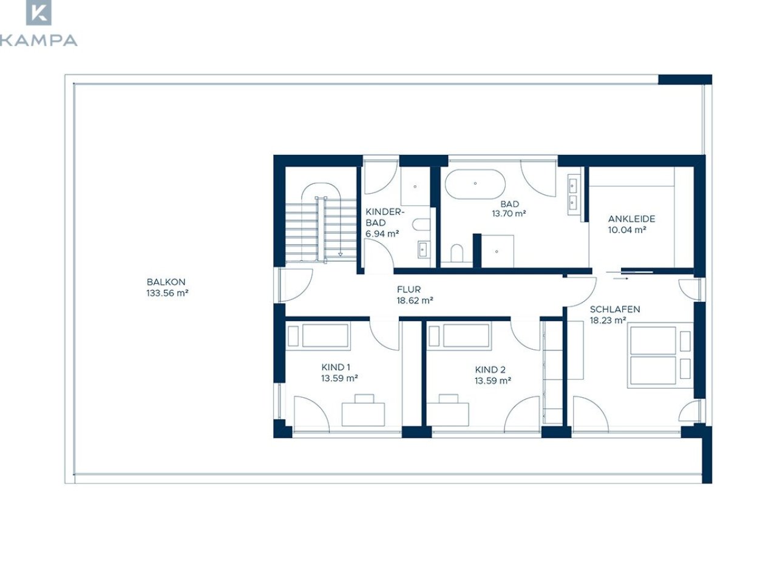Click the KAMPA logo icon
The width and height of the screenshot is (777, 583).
point(39,12)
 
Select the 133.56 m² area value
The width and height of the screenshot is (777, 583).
point(167,293)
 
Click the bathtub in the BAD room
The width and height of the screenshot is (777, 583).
point(475,184)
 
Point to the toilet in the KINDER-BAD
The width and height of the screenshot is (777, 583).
point(421,225)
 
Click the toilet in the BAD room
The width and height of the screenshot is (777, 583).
point(457,253)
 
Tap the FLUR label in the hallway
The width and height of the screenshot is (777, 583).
point(409,290)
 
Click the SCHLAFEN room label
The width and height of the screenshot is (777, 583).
point(615,309)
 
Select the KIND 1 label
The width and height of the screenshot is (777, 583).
point(336,367)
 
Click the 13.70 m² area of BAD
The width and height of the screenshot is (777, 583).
point(509,213)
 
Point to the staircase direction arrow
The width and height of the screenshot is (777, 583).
point(341,254)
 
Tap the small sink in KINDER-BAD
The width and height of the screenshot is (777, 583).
point(423,250)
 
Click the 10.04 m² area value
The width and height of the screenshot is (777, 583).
point(627,230)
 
